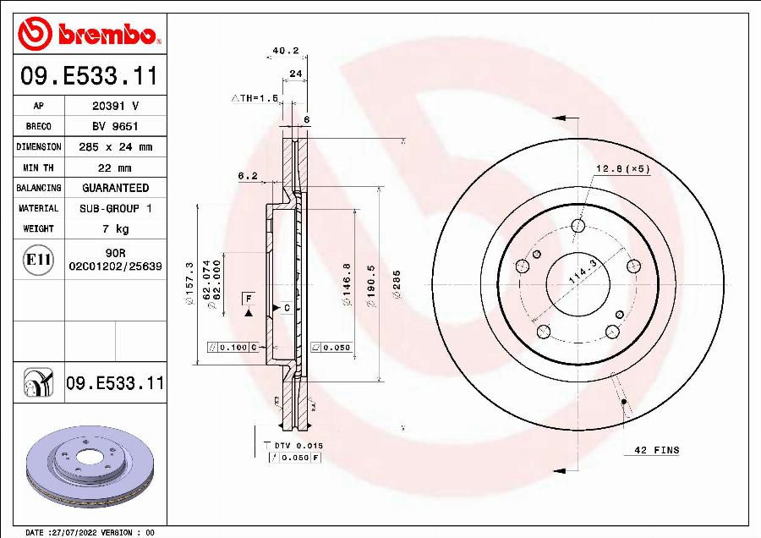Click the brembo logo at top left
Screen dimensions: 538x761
(89, 35)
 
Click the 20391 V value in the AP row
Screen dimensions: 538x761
(115, 106)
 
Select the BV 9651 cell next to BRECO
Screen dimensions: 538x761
(115, 126)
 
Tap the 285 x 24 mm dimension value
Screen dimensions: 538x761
(115, 146)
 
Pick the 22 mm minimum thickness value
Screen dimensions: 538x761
(115, 167)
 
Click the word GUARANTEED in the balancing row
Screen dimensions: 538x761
(115, 188)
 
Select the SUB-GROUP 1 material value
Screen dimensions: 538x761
(115, 208)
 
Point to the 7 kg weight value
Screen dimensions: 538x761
(115, 228)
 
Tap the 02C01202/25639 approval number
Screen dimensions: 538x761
(115, 266)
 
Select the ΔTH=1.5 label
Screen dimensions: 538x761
(255, 98)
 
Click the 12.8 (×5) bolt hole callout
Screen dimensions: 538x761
(622, 168)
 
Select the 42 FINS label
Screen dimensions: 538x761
(656, 451)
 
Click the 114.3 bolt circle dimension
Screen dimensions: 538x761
(578, 275)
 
